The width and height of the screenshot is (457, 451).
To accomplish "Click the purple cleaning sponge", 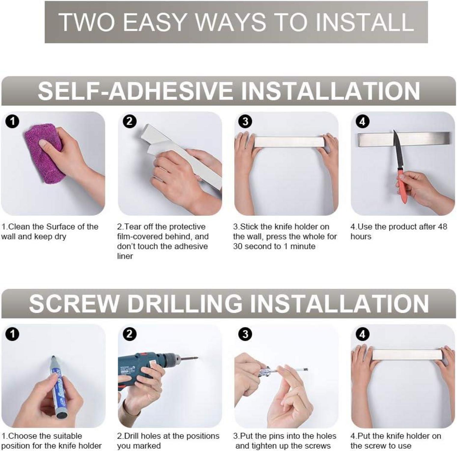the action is pos(45,156).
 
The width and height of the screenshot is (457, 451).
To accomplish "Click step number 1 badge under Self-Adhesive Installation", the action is pos(13,121).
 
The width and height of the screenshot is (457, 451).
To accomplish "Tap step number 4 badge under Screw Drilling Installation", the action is pos(362,334).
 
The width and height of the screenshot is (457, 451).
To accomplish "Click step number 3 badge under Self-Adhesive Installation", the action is pos(245,121).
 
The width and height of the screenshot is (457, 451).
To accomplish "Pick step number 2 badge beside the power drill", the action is pos(130,334).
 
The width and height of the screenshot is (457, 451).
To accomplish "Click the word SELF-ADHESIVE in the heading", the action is pos(135,91).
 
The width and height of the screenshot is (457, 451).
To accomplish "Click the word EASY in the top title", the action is pos(156,22).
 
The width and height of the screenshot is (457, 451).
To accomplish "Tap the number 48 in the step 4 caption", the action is pos(442,226).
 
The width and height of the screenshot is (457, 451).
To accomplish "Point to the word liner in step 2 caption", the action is pos(125,256).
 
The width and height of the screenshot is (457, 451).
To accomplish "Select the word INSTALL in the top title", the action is pos(364,22).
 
